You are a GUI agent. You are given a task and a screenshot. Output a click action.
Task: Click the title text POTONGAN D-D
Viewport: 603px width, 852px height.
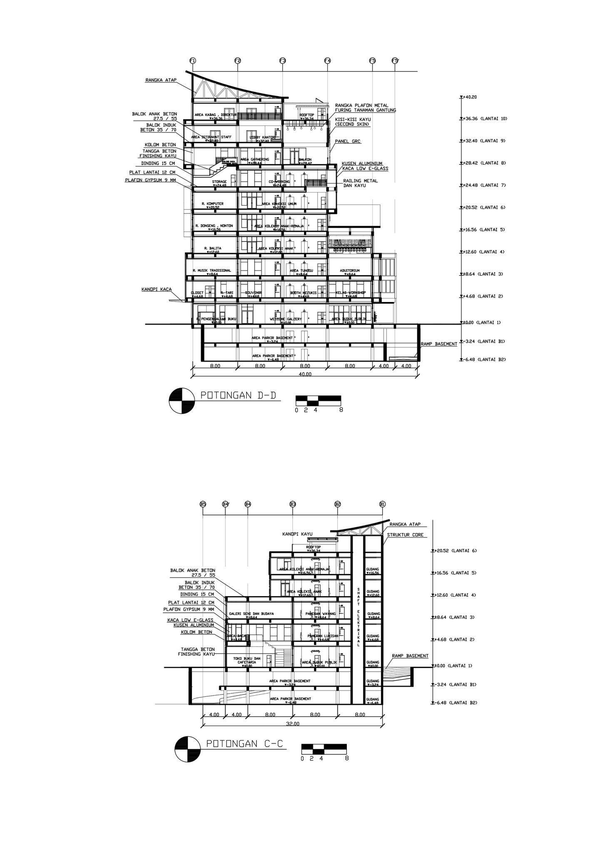click(x=238, y=395)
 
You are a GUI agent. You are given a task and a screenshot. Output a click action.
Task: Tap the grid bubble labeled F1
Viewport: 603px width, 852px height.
click(x=192, y=61)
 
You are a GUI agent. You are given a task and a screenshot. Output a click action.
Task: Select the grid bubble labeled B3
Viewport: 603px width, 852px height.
click(x=293, y=505)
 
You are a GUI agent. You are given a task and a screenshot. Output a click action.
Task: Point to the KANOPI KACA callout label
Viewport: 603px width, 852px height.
click(x=156, y=289)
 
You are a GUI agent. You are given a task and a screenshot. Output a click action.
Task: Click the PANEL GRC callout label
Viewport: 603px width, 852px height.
click(x=348, y=141)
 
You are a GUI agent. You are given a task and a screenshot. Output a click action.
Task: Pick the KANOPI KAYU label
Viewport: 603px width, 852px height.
click(x=297, y=534)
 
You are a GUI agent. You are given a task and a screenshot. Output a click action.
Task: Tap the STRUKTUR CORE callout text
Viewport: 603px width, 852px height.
click(x=405, y=535)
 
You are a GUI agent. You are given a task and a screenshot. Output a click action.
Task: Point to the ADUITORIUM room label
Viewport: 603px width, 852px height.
click(x=350, y=270)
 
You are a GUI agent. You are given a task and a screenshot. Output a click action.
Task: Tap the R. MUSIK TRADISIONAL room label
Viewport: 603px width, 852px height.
click(x=212, y=270)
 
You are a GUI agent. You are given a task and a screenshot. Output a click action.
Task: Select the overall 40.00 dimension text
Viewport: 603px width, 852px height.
click(x=305, y=374)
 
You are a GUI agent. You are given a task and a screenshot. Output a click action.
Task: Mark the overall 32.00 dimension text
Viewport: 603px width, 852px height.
click(x=292, y=723)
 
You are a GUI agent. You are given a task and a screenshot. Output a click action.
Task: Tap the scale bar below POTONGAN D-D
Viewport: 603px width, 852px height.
click(x=318, y=401)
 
